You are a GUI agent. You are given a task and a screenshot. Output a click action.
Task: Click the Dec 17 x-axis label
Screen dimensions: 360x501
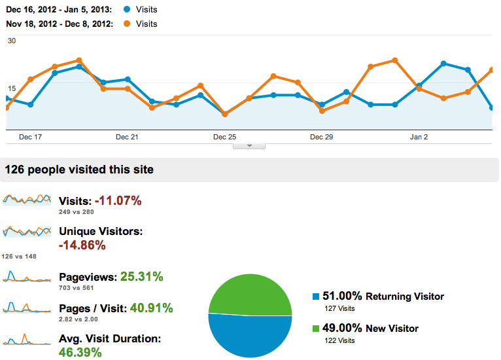tap(30, 137)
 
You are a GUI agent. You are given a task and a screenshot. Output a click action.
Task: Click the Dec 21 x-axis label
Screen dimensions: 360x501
tap(126, 137)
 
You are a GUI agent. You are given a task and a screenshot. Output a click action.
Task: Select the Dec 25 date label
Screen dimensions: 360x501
tap(224, 137)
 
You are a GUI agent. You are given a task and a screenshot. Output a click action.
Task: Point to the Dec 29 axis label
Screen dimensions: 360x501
tap(321, 137)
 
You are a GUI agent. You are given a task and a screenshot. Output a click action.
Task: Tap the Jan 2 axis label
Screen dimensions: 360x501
tap(419, 137)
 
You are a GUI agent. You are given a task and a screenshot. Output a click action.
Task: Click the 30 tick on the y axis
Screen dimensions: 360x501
tap(11, 41)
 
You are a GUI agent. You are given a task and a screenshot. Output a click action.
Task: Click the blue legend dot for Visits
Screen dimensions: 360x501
tap(126, 10)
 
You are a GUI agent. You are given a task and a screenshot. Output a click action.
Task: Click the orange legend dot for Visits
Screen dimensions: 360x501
tap(126, 24)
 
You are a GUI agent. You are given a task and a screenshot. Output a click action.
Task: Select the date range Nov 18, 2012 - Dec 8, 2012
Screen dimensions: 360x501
tap(59, 24)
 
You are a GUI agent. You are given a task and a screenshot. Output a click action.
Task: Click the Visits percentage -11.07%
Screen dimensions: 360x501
tap(118, 201)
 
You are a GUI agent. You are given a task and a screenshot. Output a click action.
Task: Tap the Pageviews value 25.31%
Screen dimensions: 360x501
tap(141, 277)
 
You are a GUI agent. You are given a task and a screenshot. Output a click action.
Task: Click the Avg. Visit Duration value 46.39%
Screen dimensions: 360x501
tap(81, 353)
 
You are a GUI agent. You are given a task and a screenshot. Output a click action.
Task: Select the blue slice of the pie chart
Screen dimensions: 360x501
tap(250, 337)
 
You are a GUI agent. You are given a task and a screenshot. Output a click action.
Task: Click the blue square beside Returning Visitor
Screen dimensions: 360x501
tap(317, 297)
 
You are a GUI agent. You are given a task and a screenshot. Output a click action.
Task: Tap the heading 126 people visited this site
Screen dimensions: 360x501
tap(79, 170)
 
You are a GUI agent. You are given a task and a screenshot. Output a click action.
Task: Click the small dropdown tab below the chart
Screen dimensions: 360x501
tap(249, 146)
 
